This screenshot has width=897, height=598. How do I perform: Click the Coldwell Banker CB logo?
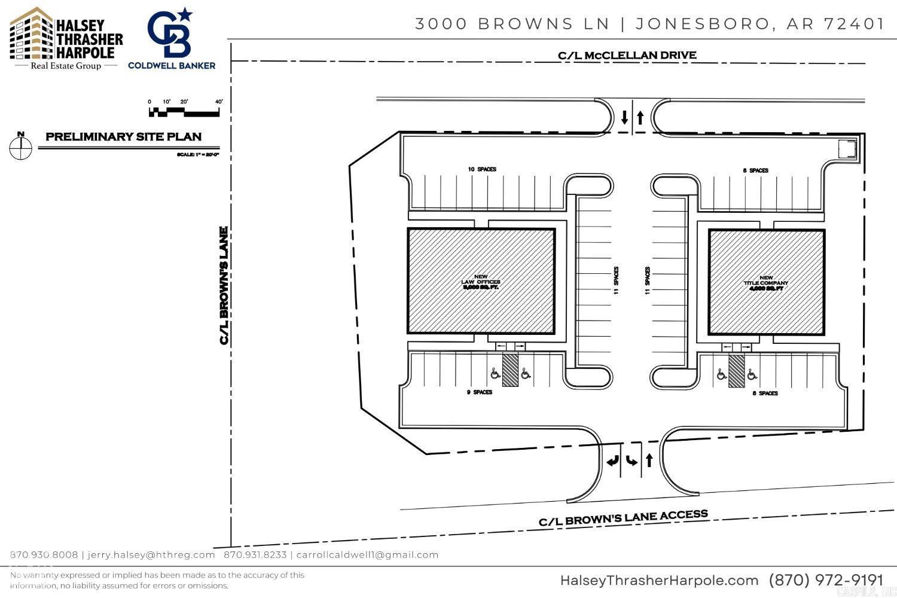pyautogui.click(x=171, y=33)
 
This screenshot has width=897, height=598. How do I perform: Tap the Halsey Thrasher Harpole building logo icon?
pyautogui.click(x=30, y=34)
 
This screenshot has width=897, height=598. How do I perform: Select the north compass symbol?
pyautogui.click(x=21, y=147)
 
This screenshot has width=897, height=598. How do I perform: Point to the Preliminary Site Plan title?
pyautogui.click(x=124, y=137)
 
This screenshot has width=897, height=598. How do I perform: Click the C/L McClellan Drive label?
pyautogui.click(x=627, y=56)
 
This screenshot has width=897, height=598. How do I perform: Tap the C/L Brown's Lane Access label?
pyautogui.click(x=623, y=518)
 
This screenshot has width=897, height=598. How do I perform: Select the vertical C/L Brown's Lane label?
pyautogui.click(x=224, y=285)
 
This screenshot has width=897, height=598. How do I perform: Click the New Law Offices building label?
pyautogui.click(x=481, y=282)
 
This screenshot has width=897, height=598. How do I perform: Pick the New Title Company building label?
pyautogui.click(x=766, y=282)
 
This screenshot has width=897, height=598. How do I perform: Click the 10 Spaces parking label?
pyautogui.click(x=482, y=170)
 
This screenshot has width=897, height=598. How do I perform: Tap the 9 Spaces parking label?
pyautogui.click(x=480, y=392)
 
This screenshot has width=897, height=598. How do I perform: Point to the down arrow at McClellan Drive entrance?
pyautogui.click(x=625, y=117)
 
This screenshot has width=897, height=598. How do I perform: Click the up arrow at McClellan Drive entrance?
pyautogui.click(x=640, y=117)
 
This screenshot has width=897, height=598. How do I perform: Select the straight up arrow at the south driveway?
pyautogui.click(x=649, y=460)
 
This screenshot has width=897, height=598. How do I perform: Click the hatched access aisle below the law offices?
pyautogui.click(x=510, y=370)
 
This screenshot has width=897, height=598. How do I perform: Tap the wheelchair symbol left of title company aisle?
pyautogui.click(x=722, y=374)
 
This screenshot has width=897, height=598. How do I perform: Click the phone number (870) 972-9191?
pyautogui.click(x=826, y=580)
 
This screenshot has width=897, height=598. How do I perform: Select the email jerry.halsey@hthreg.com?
pyautogui.click(x=151, y=555)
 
